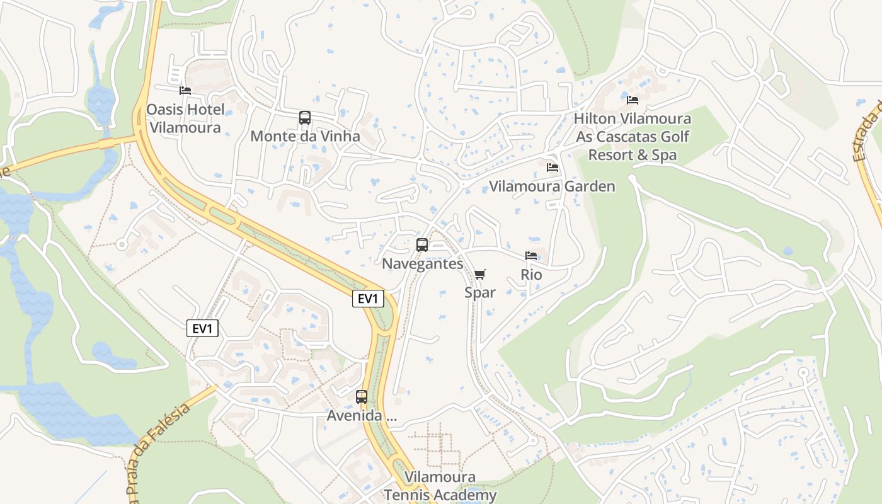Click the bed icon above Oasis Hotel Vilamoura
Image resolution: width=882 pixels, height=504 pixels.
[x=185, y=91]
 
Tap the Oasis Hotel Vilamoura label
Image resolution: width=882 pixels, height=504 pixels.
[x=185, y=118]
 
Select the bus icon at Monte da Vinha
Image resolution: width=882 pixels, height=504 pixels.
[x=305, y=118]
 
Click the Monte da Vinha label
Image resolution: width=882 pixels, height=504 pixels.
[x=305, y=136]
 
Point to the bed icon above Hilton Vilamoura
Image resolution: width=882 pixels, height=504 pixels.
[x=633, y=100]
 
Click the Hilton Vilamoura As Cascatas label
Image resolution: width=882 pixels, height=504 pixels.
[x=632, y=136]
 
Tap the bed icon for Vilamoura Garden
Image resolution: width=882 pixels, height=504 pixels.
[x=553, y=168]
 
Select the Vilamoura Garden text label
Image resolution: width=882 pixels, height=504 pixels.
[x=552, y=186]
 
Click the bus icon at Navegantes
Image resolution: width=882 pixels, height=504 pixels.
[x=422, y=245]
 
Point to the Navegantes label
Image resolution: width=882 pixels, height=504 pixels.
[x=422, y=263]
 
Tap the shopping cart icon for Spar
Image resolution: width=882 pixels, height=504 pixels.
[x=480, y=274]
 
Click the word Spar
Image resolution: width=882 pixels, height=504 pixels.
[x=480, y=292]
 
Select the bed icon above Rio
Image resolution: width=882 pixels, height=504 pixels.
[x=531, y=256]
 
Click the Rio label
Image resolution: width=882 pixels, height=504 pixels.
[x=531, y=275]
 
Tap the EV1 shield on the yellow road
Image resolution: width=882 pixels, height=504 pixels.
[x=368, y=299]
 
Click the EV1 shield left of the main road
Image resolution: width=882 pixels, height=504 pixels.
[x=202, y=328]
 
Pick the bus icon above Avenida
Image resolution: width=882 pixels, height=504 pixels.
[x=362, y=397]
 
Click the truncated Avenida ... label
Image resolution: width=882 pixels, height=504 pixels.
[x=362, y=416]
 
